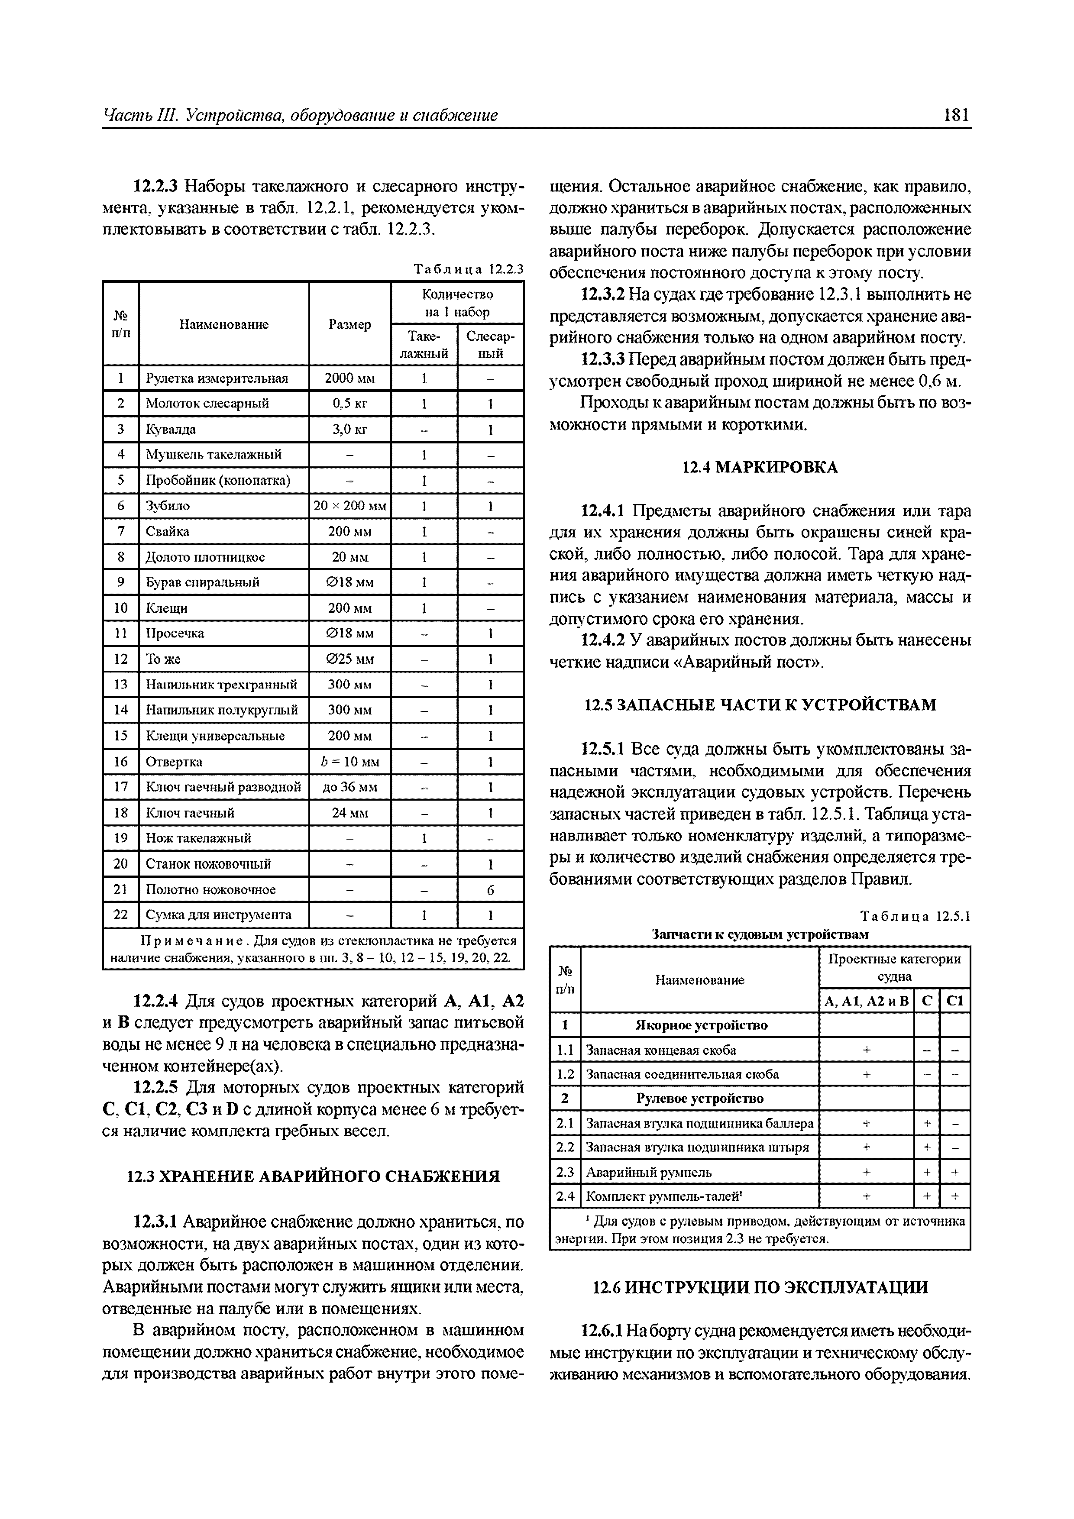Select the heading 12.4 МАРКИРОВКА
click(x=760, y=468)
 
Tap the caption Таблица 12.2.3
click(x=468, y=269)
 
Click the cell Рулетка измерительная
click(x=217, y=378)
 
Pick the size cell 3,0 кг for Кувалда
click(x=349, y=430)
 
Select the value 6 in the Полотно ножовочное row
click(x=490, y=890)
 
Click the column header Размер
click(x=349, y=324)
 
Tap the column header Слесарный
click(x=490, y=345)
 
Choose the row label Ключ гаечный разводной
click(x=223, y=787)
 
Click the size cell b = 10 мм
click(x=349, y=762)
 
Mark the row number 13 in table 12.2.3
click(x=120, y=684)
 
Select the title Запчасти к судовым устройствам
click(x=760, y=934)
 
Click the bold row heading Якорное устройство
click(x=701, y=1025)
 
